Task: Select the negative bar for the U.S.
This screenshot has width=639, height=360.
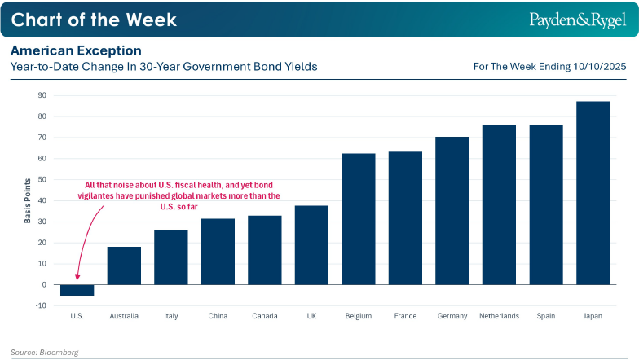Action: (77, 290)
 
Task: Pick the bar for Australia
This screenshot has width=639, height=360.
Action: (124, 266)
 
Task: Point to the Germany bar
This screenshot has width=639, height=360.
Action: (452, 211)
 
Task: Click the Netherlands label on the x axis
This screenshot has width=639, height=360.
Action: (498, 316)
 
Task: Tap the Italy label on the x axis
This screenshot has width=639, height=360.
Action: (170, 316)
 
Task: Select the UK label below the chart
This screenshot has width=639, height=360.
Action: (311, 316)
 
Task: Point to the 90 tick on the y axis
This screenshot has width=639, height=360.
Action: (41, 95)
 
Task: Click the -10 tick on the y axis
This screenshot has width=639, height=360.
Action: (41, 305)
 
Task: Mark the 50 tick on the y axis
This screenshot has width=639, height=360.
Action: (41, 179)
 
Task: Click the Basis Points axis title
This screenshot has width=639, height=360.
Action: (27, 200)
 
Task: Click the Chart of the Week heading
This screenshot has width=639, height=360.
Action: (94, 19)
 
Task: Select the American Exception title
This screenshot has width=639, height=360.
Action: (76, 50)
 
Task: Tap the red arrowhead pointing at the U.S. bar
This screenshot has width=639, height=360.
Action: (77, 279)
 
